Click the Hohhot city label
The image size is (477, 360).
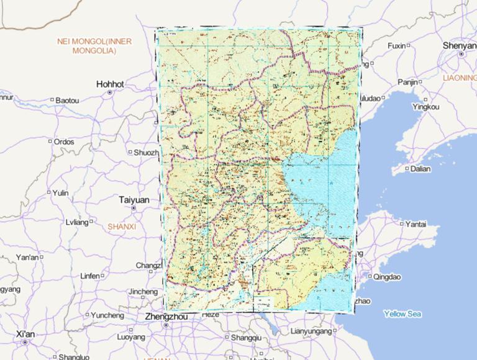110,84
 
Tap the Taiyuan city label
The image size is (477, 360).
134,200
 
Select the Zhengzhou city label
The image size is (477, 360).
165,316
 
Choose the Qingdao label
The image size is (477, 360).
388,277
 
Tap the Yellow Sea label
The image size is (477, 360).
402,313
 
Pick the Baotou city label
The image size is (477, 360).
67,100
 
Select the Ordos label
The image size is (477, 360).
63,142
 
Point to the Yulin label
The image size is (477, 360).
60,192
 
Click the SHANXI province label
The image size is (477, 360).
121,227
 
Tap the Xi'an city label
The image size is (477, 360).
25,334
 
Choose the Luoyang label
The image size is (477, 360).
130,337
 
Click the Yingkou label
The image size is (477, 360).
425,107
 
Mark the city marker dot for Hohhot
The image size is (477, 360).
110,92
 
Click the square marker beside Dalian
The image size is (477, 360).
407,168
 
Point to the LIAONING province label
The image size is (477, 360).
460,78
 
